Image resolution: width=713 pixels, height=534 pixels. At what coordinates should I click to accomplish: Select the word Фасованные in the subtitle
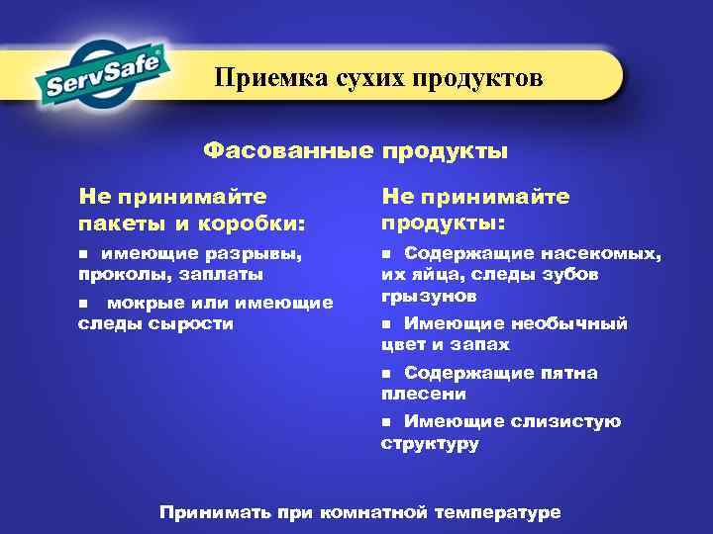pyautogui.click(x=286, y=151)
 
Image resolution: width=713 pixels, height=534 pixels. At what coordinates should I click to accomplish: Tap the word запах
pyautogui.click(x=477, y=345)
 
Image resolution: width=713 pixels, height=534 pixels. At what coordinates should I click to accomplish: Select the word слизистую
pyautogui.click(x=566, y=422)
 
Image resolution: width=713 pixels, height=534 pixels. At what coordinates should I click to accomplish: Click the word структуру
pyautogui.click(x=430, y=443)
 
